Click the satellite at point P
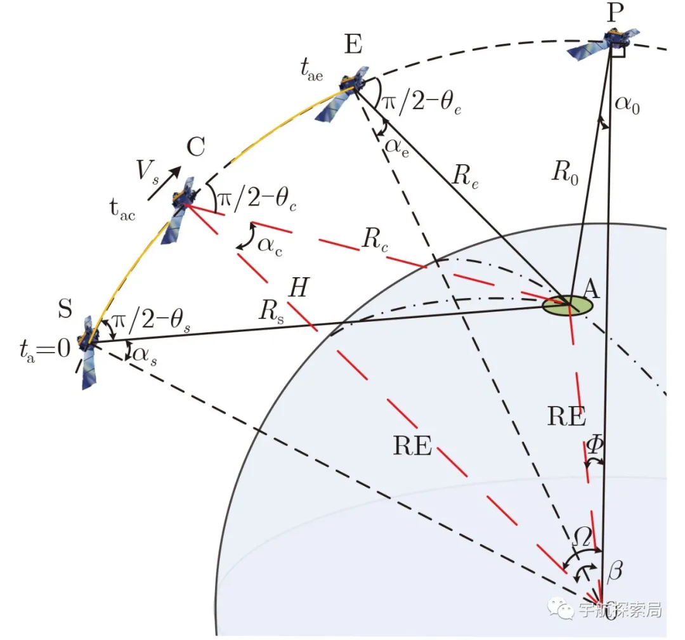point(604,43)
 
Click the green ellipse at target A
point(567,305)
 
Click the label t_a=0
point(44,348)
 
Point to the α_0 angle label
point(628,104)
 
